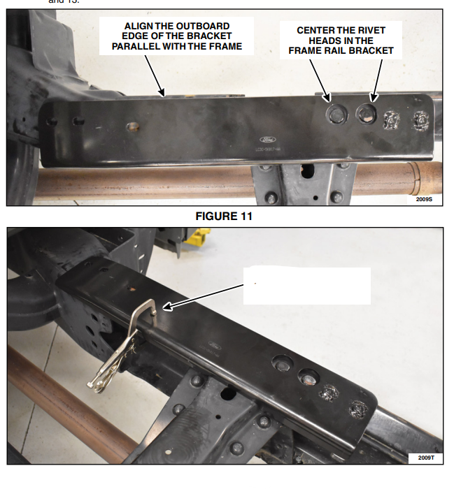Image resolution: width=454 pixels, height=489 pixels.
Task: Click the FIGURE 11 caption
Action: click(224, 217)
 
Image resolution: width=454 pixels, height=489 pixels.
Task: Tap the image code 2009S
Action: click(425, 199)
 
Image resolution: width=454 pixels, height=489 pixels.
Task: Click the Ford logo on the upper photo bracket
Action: click(269, 138)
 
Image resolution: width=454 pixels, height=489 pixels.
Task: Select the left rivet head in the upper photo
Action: click(336, 112)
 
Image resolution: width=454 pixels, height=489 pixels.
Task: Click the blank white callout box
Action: click(306, 285)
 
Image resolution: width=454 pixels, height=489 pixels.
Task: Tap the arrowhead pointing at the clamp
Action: click(166, 305)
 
